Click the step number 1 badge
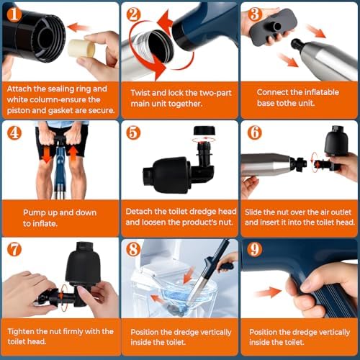point(14,14)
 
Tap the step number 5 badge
point(133,132)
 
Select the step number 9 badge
point(255,249)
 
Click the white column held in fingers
point(81,48)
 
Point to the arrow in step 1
point(77,27)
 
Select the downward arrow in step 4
point(47,154)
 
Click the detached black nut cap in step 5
point(204,130)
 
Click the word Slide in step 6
point(253,212)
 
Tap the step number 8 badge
point(133,249)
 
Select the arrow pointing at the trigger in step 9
point(269,292)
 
